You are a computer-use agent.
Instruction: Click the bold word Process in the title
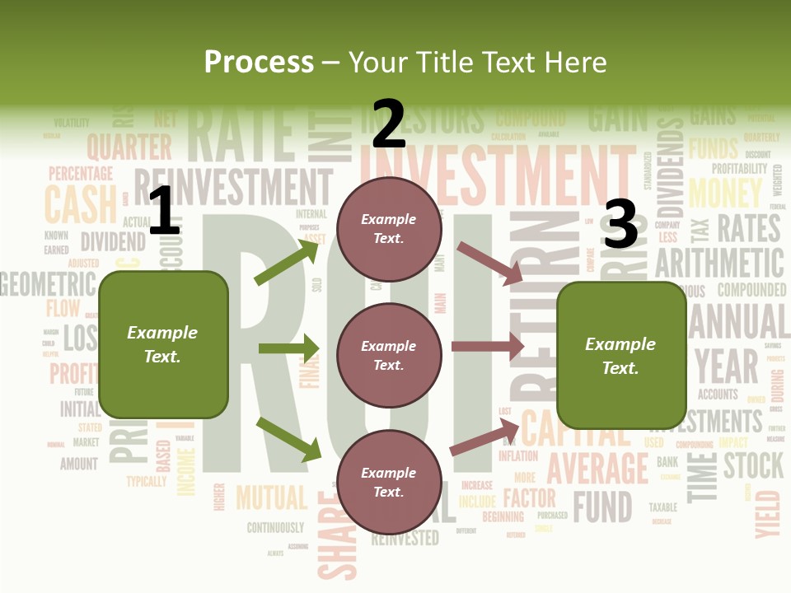[259, 62]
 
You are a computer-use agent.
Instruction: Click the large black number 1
[164, 211]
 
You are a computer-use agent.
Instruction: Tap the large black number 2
[388, 124]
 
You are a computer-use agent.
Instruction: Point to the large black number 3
[620, 224]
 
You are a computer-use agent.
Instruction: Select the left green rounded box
[163, 344]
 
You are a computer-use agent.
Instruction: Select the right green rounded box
[621, 356]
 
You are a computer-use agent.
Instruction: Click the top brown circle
[389, 228]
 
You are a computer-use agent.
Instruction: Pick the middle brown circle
[389, 355]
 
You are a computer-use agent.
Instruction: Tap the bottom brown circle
[389, 482]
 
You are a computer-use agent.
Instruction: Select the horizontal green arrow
[288, 348]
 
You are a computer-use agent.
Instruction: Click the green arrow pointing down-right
[289, 439]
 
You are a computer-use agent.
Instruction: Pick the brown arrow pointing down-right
[489, 264]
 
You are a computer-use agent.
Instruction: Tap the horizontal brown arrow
[487, 346]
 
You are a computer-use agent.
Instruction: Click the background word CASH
[81, 205]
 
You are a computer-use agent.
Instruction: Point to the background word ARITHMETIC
[719, 263]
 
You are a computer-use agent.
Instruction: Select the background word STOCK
[753, 465]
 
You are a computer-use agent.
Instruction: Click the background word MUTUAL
[271, 498]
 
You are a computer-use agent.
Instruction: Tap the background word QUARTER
[129, 147]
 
